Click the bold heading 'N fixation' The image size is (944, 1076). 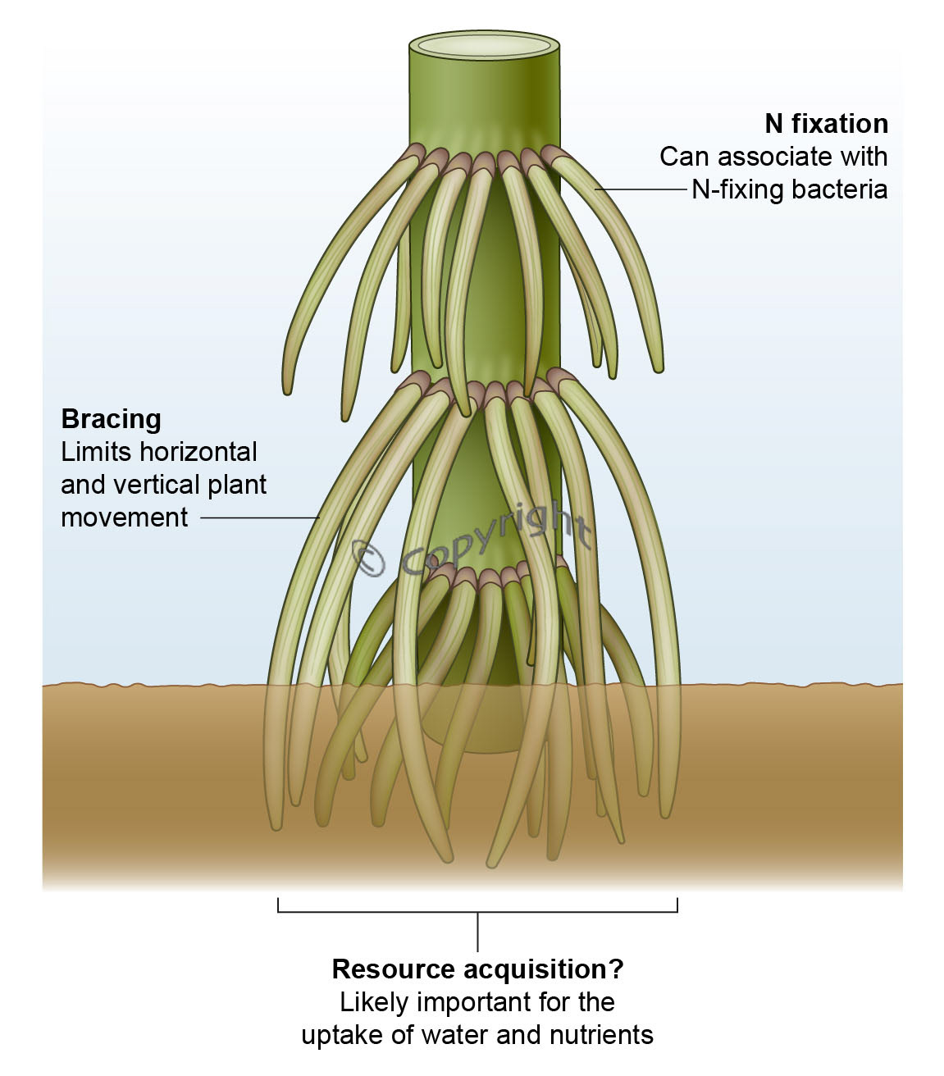826,124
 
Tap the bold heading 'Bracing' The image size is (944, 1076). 111,419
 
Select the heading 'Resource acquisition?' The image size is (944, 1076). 477,969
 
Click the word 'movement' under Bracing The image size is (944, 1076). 125,517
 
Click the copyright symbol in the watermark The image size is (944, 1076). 369,558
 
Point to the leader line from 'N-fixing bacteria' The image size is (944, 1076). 640,189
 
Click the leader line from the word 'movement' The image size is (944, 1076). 258,517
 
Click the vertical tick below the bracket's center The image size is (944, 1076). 477,931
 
